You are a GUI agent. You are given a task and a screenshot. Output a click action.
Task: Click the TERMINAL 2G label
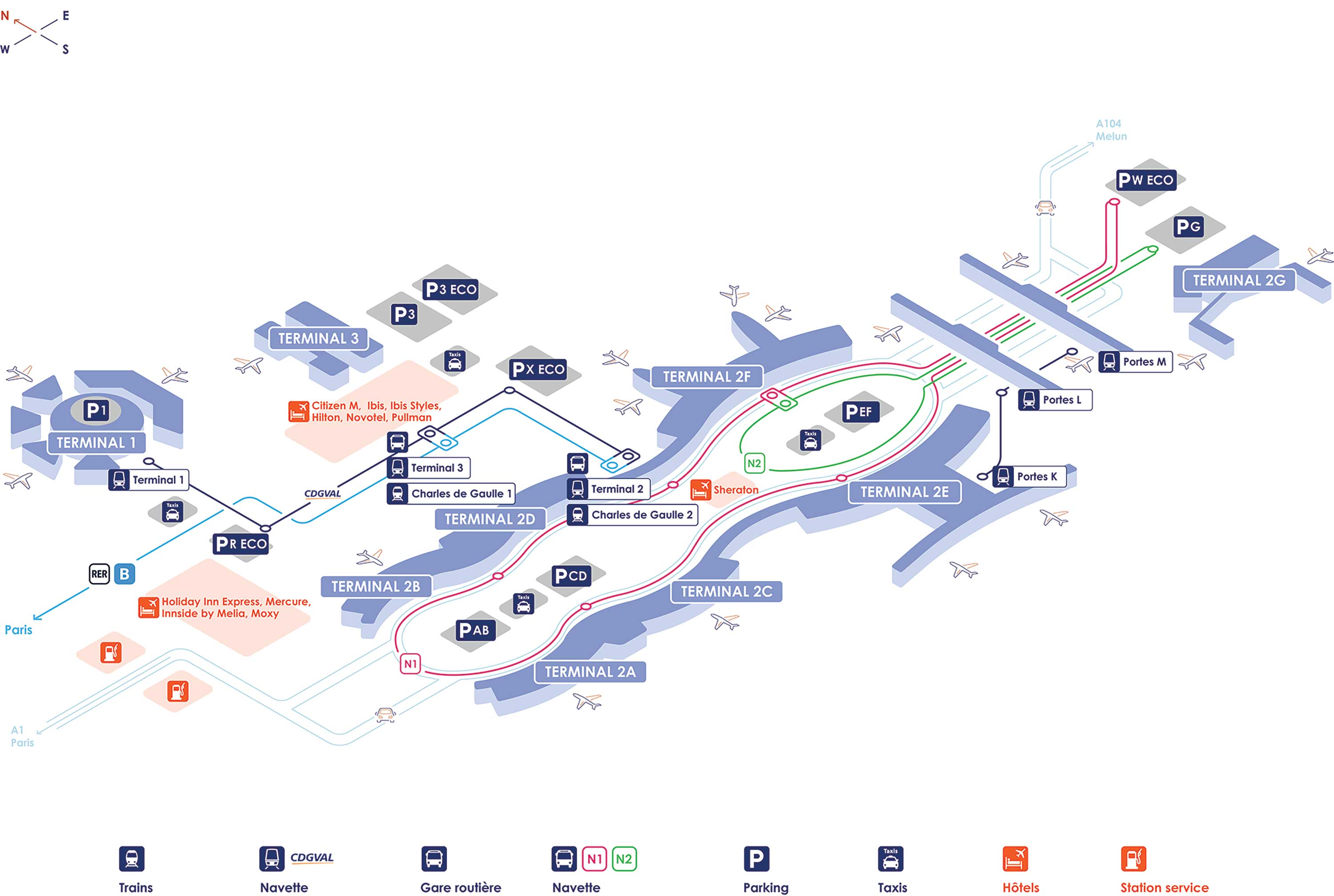point(1238,281)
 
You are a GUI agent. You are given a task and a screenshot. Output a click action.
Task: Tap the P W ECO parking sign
point(1145,180)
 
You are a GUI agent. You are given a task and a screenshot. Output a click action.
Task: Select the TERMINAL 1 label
point(96,443)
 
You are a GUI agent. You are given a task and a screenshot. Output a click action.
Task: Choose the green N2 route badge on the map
point(754,463)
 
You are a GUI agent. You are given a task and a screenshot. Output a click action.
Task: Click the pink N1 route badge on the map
point(410,664)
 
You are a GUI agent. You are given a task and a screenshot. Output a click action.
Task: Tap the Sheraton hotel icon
point(700,490)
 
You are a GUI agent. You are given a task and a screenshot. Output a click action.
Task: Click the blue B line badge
point(125,574)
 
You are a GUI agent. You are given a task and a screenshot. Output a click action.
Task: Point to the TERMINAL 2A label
point(590,672)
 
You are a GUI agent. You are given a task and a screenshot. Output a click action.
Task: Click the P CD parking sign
point(570,576)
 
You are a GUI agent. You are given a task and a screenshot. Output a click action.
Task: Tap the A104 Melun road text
point(1111,130)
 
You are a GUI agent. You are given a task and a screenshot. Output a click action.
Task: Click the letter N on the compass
point(5,16)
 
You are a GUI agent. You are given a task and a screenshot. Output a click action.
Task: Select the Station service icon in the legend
point(1133,859)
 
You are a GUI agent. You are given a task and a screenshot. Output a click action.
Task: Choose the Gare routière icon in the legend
point(434,859)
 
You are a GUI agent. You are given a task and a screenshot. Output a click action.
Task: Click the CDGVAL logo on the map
point(322,494)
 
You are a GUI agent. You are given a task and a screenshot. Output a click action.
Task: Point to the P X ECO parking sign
point(538,369)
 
